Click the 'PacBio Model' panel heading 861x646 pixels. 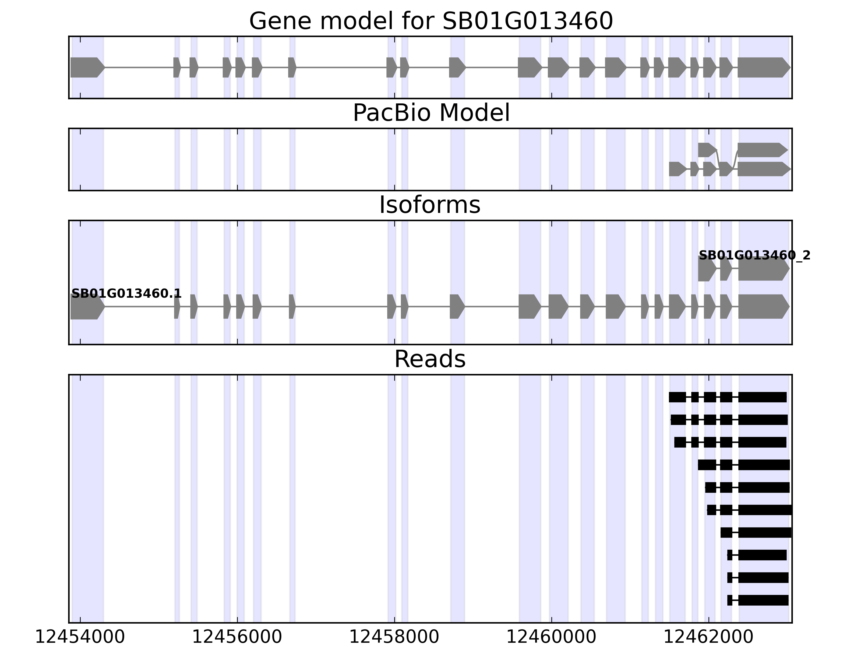(430, 113)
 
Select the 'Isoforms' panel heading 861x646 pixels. (430, 205)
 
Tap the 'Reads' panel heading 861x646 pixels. (430, 359)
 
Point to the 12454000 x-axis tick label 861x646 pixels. (80, 637)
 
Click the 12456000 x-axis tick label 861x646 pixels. (237, 637)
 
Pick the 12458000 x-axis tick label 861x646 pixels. (394, 637)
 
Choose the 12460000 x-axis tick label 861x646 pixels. (551, 637)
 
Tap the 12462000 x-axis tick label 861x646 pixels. (708, 637)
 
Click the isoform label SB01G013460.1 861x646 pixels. (126, 294)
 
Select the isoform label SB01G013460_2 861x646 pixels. (754, 255)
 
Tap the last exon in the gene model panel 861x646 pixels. (762, 67)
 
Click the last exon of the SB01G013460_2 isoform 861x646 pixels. (762, 269)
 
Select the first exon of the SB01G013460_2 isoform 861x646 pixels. (706, 269)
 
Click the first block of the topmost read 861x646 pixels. (677, 397)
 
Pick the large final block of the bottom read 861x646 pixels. (763, 600)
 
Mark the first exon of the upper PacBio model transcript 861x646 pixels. (706, 150)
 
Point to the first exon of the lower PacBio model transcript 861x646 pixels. (677, 169)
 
